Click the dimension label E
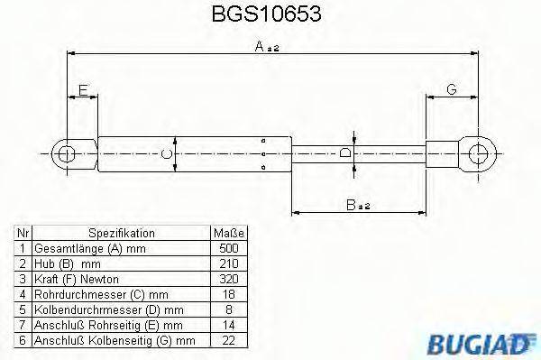pyautogui.click(x=83, y=89)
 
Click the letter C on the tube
pyautogui.click(x=166, y=154)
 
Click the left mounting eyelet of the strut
pyautogui.click(x=65, y=154)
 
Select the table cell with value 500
pyautogui.click(x=228, y=247)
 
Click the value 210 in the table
pyautogui.click(x=228, y=263)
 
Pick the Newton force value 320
pyautogui.click(x=228, y=278)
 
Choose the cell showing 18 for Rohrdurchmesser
pyautogui.click(x=228, y=293)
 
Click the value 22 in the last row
pyautogui.click(x=228, y=339)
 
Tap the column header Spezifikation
pyautogui.click(x=121, y=232)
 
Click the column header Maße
pyautogui.click(x=228, y=232)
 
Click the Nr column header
pyautogui.click(x=23, y=232)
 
